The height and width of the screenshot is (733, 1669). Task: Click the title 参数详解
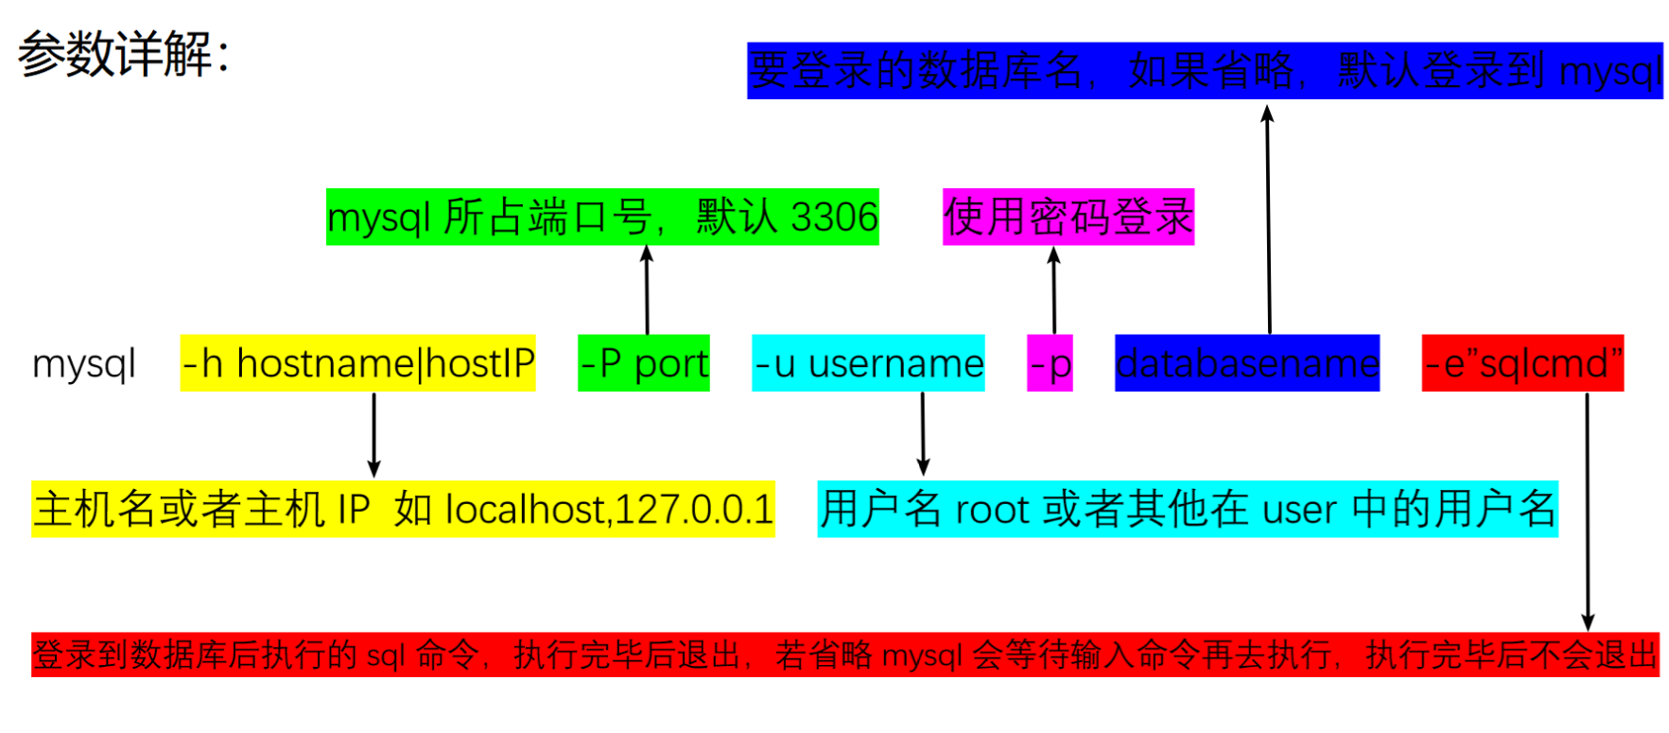tap(123, 54)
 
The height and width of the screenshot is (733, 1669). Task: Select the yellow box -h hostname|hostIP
tap(357, 363)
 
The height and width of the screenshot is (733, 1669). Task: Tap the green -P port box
tap(644, 363)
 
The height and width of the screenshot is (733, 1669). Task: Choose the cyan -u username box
tap(868, 363)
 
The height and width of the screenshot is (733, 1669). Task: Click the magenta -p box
tap(1050, 363)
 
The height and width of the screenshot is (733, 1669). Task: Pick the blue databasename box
tap(1246, 363)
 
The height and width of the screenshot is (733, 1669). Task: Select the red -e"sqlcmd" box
tap(1522, 363)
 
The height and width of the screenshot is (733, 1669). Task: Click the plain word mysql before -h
tap(84, 364)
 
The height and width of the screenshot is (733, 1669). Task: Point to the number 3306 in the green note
tap(834, 218)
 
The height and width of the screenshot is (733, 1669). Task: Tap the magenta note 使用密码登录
tap(1069, 218)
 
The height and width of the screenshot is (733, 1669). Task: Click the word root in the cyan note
tap(992, 510)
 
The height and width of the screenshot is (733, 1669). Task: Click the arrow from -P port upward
tap(647, 289)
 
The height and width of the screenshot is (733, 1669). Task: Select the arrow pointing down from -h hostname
tap(374, 435)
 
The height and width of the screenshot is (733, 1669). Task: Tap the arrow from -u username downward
tap(923, 434)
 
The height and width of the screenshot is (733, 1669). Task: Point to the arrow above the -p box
tap(1054, 289)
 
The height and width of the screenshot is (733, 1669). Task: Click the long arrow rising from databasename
tap(1268, 218)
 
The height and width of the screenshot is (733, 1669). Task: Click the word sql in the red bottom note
tap(386, 654)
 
